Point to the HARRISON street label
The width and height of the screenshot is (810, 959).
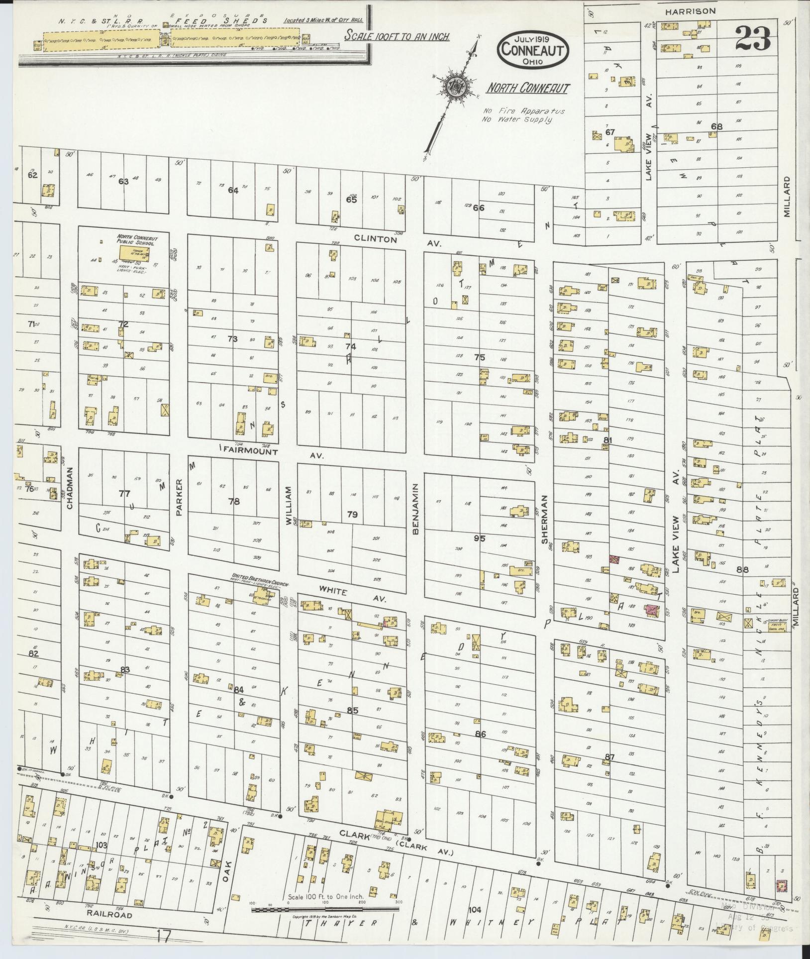coord(697,10)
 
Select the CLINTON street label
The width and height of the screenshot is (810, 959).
coord(376,239)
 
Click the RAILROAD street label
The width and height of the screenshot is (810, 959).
coord(108,915)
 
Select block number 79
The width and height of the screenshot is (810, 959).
coord(352,514)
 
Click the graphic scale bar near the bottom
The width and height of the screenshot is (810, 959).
coord(325,910)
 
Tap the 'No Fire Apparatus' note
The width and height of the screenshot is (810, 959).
coord(523,111)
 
